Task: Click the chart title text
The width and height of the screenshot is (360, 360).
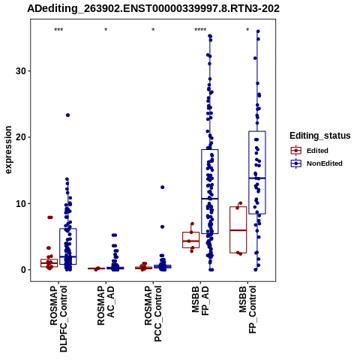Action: tap(153, 9)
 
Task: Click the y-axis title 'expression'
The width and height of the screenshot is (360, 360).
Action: tap(8, 150)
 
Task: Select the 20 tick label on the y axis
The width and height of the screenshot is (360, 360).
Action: tap(21, 137)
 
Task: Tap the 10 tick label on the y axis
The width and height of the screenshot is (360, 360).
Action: tap(21, 203)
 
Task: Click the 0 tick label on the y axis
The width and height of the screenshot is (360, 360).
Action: tap(23, 270)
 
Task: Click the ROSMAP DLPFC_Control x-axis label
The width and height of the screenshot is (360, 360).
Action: tap(58, 319)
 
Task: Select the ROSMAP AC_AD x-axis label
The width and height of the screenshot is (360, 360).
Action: tap(106, 306)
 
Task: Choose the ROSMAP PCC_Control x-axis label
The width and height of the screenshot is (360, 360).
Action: tap(153, 313)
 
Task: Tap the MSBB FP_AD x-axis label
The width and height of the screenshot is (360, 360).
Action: tap(200, 301)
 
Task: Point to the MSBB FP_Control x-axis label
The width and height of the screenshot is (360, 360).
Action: tap(247, 310)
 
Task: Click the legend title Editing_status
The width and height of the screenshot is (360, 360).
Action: tap(320, 136)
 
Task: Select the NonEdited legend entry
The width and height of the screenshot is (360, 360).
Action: tap(316, 163)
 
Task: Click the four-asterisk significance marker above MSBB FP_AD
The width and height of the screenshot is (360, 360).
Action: tap(200, 30)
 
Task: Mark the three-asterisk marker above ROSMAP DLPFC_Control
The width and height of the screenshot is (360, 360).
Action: tap(58, 30)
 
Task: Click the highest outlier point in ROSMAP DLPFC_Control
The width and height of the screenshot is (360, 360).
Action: tap(67, 115)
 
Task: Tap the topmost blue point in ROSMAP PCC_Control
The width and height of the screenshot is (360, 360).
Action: tap(163, 187)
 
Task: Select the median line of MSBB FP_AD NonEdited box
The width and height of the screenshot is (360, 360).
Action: tap(210, 199)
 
